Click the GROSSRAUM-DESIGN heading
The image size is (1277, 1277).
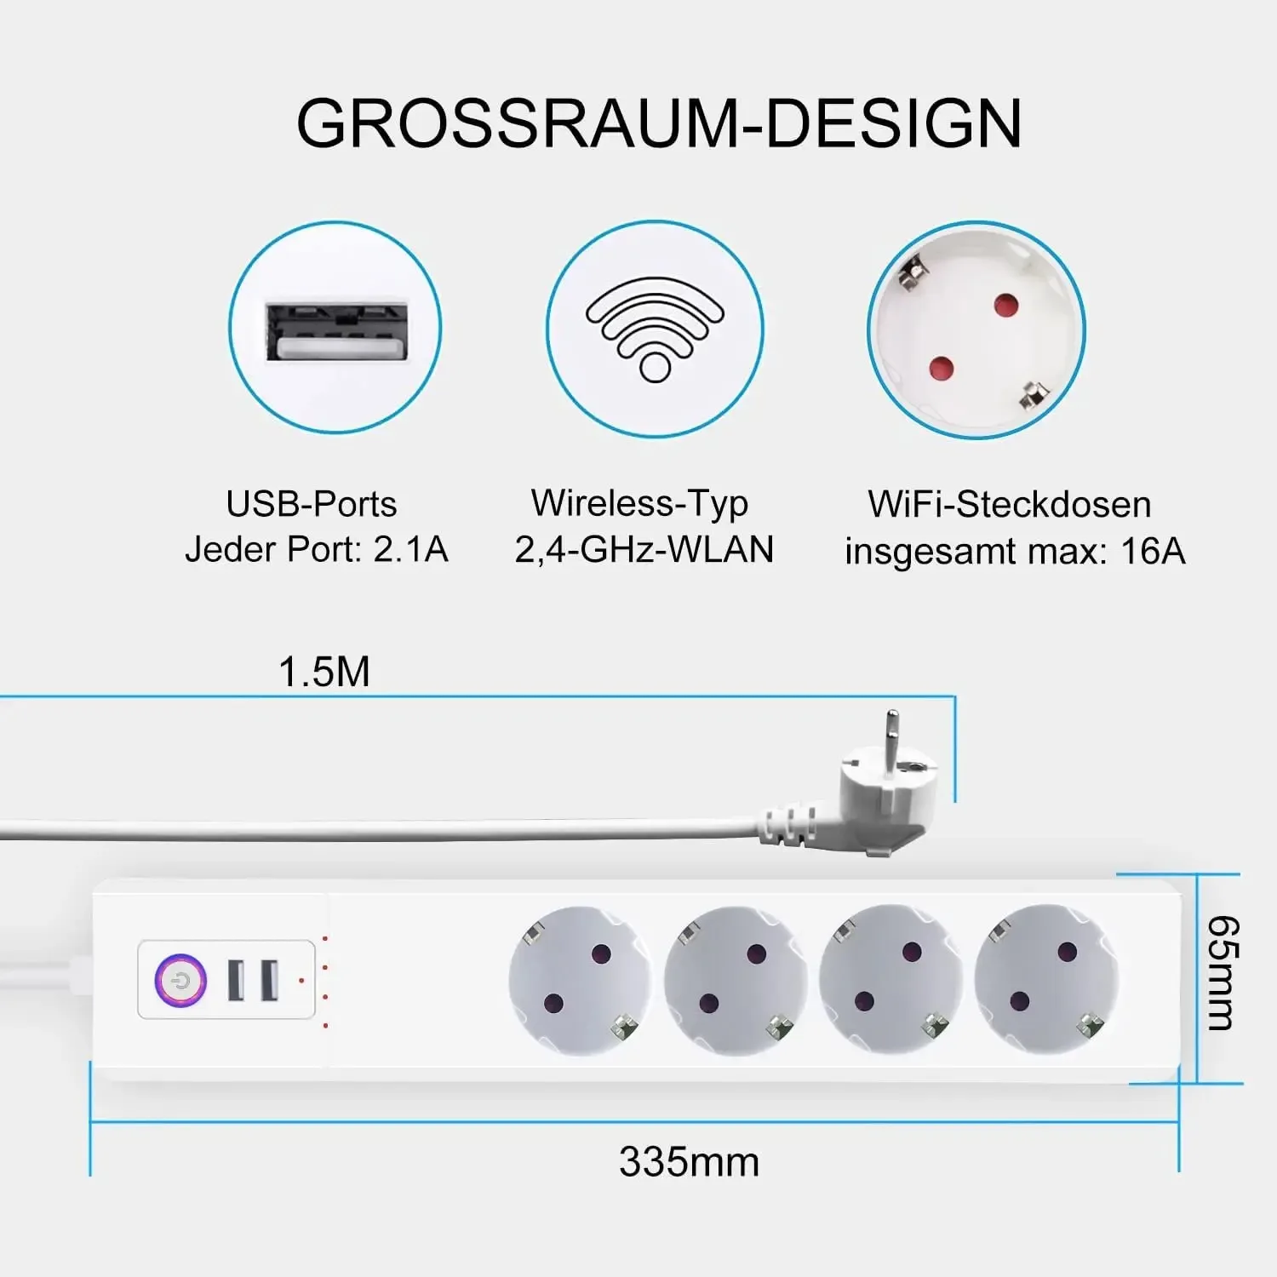point(659,124)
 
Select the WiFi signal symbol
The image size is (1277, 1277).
point(655,329)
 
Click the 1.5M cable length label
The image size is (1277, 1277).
point(324,672)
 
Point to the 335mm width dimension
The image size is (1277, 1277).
point(689,1162)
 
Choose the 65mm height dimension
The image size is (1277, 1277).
point(1223,973)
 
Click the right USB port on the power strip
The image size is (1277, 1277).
point(269,980)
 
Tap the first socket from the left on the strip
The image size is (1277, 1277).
point(579,979)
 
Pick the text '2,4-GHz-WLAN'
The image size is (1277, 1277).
point(644,549)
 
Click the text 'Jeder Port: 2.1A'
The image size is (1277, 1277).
point(317,549)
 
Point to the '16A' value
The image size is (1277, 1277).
point(1153,551)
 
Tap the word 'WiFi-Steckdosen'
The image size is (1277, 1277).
point(1010,504)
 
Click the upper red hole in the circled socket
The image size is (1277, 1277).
point(1006,304)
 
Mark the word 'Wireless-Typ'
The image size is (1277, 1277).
point(639,503)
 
